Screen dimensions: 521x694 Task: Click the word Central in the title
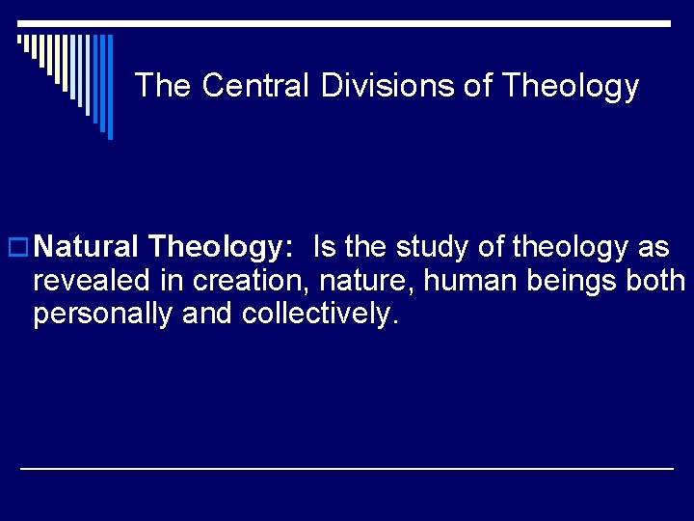pos(256,86)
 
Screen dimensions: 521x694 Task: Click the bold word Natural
pos(92,248)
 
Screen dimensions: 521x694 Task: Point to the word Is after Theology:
pos(324,248)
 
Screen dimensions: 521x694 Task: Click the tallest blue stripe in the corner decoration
pos(109,87)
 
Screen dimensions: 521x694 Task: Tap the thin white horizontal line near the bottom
pos(347,468)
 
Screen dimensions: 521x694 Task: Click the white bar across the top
pos(347,22)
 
